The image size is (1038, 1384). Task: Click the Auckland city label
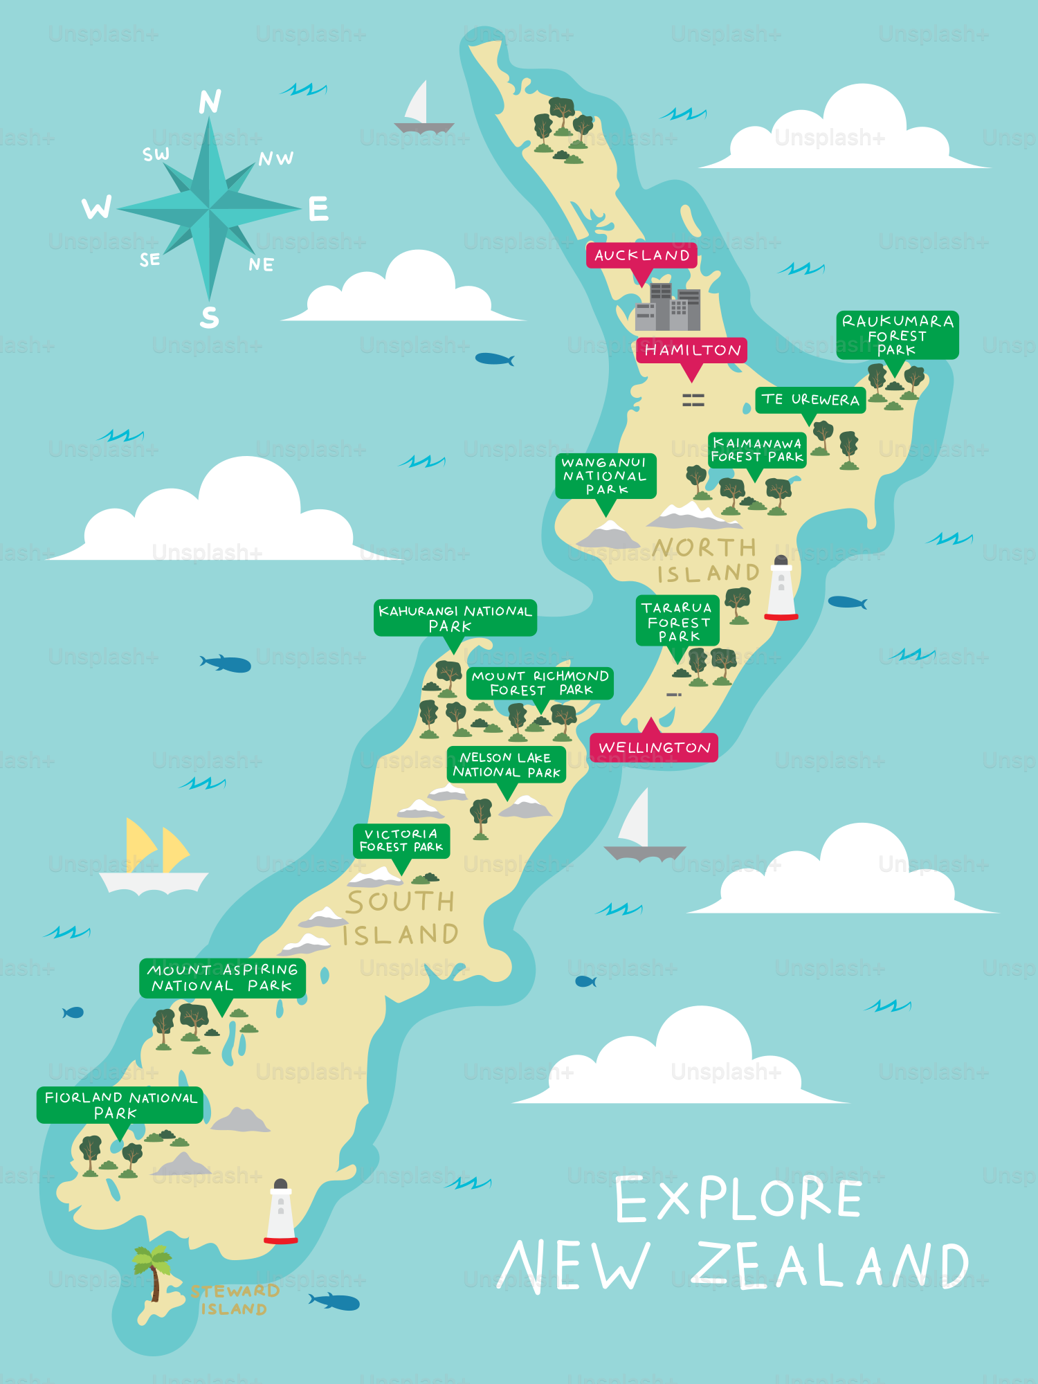(641, 255)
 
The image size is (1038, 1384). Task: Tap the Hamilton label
(692, 350)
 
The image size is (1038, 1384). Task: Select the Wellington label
(654, 747)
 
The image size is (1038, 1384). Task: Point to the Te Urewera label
(810, 400)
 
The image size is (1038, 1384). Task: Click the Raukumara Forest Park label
(898, 335)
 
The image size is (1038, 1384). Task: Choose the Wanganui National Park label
(605, 476)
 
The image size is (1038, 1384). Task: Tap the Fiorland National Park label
(120, 1105)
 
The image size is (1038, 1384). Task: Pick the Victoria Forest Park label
(401, 841)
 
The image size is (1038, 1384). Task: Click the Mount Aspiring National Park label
(222, 978)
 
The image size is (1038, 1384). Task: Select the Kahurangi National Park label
(455, 618)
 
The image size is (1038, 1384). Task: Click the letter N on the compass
(210, 102)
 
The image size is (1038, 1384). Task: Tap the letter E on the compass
(318, 209)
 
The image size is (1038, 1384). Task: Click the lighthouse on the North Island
(781, 588)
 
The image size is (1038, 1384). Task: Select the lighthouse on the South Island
(281, 1212)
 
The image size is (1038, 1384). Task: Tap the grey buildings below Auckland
(668, 307)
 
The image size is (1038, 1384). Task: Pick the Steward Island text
(234, 1300)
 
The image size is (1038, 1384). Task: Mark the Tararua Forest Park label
(677, 621)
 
